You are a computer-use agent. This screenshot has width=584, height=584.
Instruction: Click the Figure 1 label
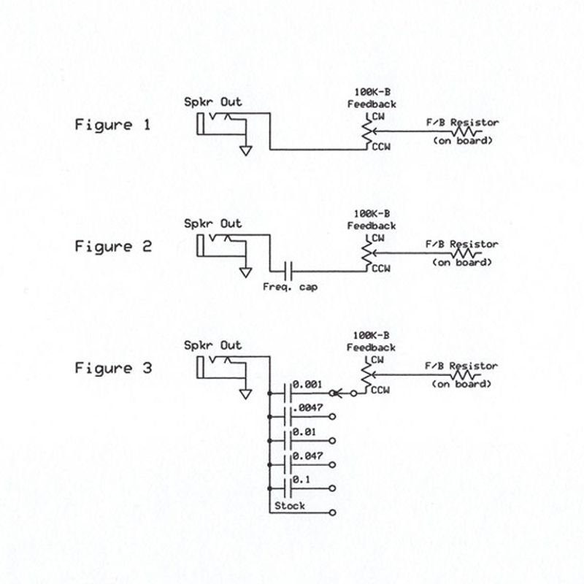113,125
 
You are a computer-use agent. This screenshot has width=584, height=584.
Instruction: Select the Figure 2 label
113,247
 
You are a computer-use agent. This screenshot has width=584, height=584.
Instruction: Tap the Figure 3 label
113,369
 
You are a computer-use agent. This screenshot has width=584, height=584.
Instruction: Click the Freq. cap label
290,286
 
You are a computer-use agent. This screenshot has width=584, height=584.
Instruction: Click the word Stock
290,506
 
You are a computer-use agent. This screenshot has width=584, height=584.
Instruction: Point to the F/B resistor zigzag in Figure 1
466,132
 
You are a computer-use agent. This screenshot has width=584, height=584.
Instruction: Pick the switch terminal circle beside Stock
333,512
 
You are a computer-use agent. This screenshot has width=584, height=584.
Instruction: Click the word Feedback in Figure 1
372,104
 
